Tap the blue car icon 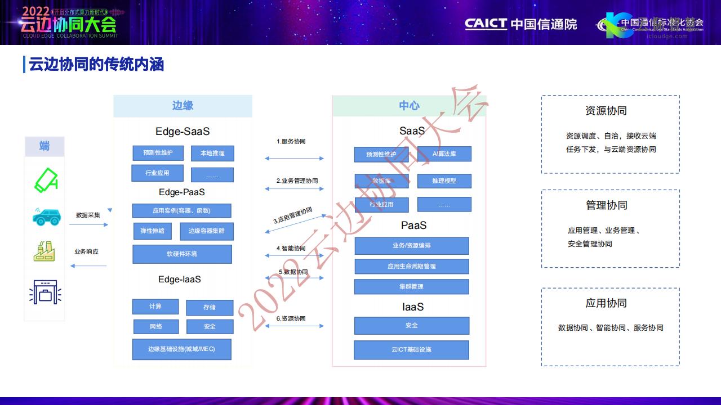[46, 217]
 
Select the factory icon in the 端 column [44, 251]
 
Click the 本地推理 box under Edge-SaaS [212, 153]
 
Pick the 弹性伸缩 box [153, 231]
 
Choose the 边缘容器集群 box [207, 231]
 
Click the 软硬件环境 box [182, 254]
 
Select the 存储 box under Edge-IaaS [210, 307]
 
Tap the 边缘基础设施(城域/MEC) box [182, 349]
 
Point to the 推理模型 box [444, 181]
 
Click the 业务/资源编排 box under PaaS [412, 246]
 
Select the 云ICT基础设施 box [412, 350]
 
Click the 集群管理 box [412, 287]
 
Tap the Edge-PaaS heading [182, 192]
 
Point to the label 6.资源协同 [291, 319]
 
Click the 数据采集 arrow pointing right [88, 225]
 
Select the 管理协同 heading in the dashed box [607, 205]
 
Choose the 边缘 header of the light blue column [183, 106]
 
